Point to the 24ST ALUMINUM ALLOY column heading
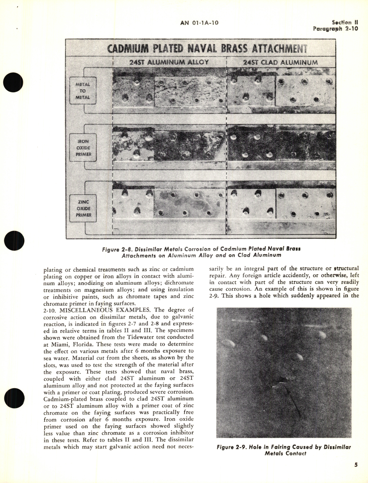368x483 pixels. tap(169, 62)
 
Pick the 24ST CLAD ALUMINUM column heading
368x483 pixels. tap(280, 63)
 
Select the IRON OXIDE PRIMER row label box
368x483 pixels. tap(83, 148)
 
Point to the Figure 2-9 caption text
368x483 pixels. tap(284, 450)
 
